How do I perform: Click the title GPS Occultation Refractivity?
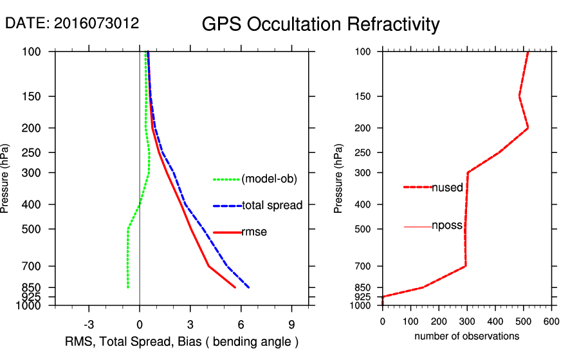[320, 24]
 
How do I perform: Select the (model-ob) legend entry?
[269, 179]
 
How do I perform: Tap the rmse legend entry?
[253, 232]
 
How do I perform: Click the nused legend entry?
[447, 187]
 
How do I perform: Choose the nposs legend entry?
[447, 226]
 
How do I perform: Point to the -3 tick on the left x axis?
[89, 324]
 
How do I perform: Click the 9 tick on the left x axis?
[291, 324]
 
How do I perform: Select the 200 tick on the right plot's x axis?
[439, 321]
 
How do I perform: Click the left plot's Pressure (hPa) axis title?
[6, 178]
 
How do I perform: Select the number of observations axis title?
[466, 336]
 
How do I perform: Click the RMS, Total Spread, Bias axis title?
[182, 341]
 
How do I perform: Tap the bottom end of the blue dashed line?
[249, 287]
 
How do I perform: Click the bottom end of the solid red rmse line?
[235, 287]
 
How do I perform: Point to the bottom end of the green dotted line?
[128, 287]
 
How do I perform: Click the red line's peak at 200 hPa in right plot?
[528, 128]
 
